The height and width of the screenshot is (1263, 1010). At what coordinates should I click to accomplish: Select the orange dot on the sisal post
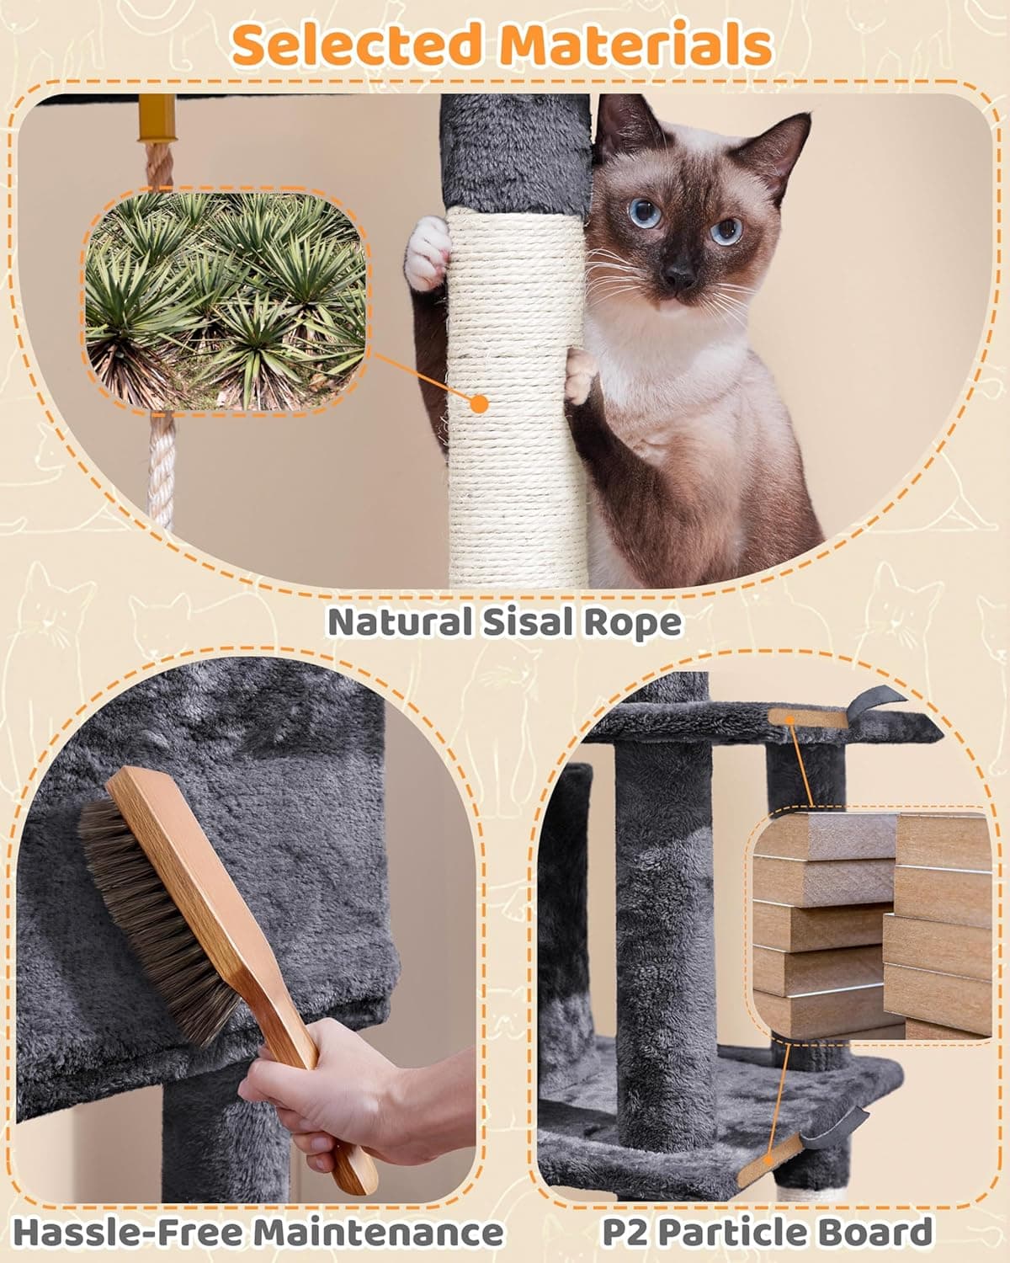point(479,403)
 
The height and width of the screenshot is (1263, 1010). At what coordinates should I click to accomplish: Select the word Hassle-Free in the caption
point(126,1233)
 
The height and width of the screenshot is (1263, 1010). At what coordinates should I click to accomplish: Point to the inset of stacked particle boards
point(871,926)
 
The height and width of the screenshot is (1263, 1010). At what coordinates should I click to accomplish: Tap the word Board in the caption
point(880,1233)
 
